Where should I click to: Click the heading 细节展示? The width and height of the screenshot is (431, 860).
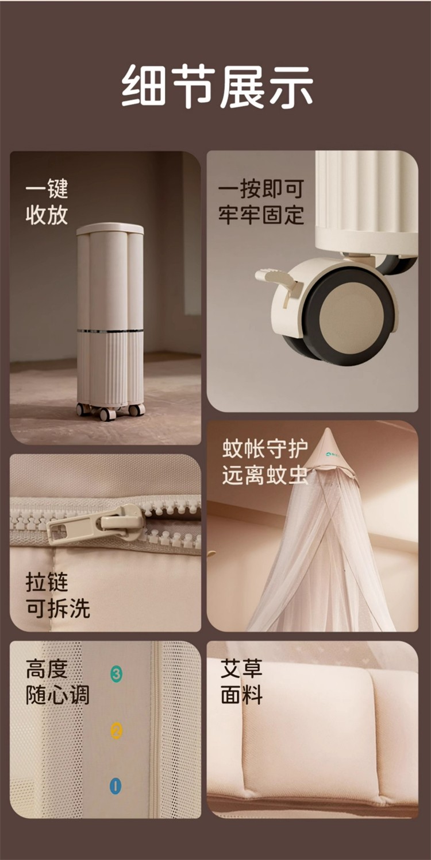pyautogui.click(x=217, y=87)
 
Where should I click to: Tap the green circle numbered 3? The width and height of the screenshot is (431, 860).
pyautogui.click(x=116, y=673)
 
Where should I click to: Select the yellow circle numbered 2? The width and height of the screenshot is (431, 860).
pyautogui.click(x=117, y=730)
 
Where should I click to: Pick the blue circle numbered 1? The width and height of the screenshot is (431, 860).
pyautogui.click(x=116, y=785)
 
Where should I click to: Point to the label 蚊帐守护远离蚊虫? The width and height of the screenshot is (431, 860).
pyautogui.click(x=265, y=462)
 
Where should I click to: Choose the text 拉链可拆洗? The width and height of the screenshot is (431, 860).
pyautogui.click(x=57, y=595)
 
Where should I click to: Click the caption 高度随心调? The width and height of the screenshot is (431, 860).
pyautogui.click(x=57, y=682)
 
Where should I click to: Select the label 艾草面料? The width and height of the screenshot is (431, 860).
pyautogui.click(x=241, y=682)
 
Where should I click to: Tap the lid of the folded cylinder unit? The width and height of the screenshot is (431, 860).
pyautogui.click(x=110, y=230)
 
